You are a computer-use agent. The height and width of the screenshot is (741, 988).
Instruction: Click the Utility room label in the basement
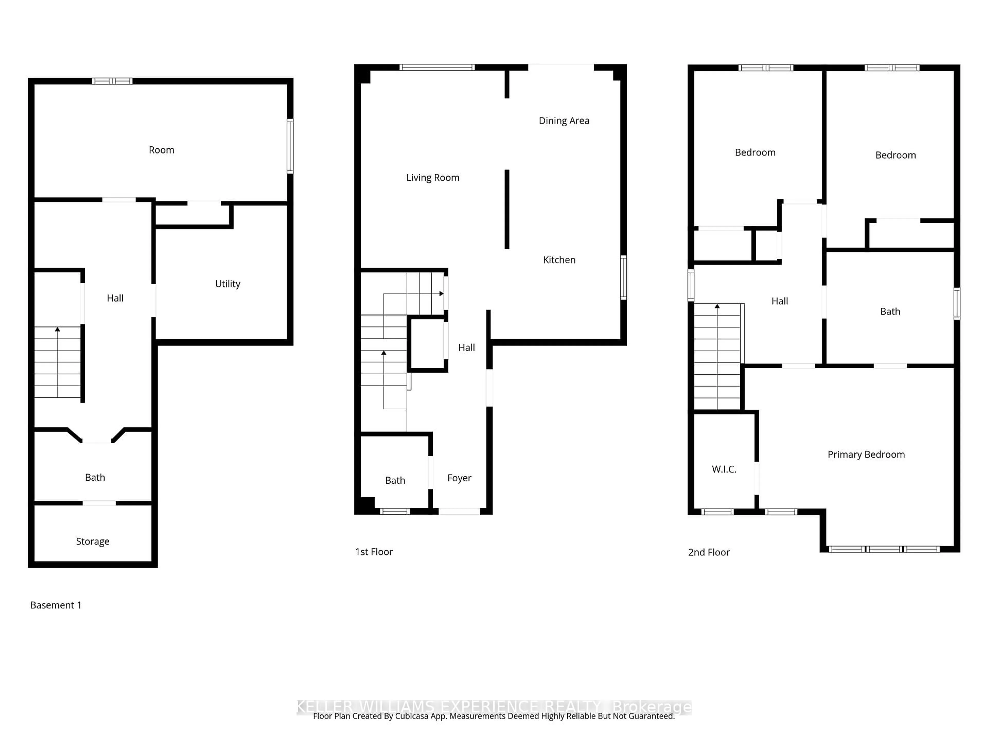tap(227, 284)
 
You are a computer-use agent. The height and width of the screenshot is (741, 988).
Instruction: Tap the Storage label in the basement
tap(92, 541)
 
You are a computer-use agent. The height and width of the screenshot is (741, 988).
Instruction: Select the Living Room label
tap(432, 178)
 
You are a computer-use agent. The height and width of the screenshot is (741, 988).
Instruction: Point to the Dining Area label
tap(564, 121)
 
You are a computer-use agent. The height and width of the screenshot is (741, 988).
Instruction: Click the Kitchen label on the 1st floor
tap(559, 260)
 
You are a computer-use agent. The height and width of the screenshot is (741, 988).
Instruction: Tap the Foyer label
tap(459, 478)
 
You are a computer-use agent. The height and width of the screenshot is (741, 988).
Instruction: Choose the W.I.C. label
tap(724, 469)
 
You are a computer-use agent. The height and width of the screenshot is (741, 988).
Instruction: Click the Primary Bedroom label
tap(866, 455)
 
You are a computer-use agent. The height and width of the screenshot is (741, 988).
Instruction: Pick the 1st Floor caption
tap(373, 552)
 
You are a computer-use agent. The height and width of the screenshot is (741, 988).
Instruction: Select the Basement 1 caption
tap(55, 605)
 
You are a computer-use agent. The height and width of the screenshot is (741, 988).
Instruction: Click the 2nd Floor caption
tap(708, 552)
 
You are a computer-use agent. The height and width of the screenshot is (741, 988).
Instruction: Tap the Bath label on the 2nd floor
tap(890, 312)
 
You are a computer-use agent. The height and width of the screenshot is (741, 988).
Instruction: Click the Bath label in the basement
tap(95, 478)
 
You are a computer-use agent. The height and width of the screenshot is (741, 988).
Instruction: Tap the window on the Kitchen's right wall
tap(623, 277)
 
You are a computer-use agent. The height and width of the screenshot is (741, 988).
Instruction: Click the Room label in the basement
tap(161, 150)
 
